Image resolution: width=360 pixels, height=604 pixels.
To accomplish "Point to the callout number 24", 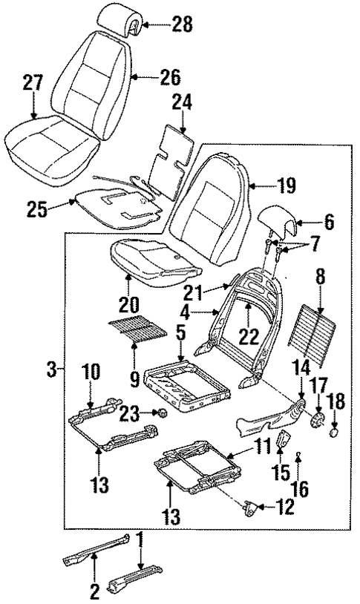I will (x=181, y=101).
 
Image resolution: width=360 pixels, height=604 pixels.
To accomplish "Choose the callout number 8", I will (x=321, y=282).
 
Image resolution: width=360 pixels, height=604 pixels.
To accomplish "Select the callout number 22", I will (x=248, y=335).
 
